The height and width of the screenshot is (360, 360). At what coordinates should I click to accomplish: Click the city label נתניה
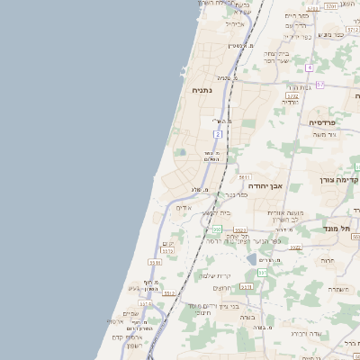coord(201,90)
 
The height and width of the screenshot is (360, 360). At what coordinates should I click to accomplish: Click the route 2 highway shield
coord(217,133)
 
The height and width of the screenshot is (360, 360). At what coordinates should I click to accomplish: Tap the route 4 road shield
coord(309,67)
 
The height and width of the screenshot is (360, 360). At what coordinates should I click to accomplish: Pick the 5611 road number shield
coord(244,177)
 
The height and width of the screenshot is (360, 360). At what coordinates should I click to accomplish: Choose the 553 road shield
coord(240,230)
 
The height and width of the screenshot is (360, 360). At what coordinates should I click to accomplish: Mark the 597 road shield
coord(262,271)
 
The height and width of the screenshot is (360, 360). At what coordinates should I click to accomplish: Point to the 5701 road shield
coord(331,6)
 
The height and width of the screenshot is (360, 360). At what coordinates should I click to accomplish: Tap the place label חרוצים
coord(222,287)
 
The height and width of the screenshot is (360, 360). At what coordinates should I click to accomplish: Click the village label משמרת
coord(338,289)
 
